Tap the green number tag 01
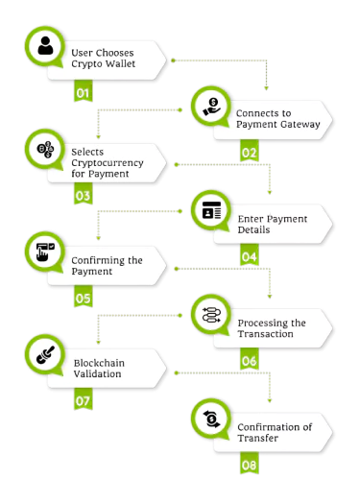click(83, 93)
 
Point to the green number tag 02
click(249, 152)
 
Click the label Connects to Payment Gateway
click(272, 118)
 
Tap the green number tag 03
click(83, 196)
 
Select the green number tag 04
click(249, 256)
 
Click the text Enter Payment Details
click(273, 225)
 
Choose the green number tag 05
click(83, 299)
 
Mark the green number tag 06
click(249, 361)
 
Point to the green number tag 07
click(83, 399)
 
